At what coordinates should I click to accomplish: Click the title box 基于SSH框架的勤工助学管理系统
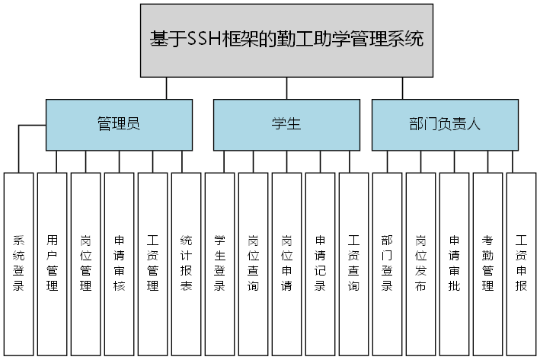(x=286, y=40)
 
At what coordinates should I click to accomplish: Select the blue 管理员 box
(x=119, y=125)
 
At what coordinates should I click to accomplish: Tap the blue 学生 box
(x=286, y=125)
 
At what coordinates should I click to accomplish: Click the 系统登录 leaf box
(x=19, y=263)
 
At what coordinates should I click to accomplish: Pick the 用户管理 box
(x=53, y=263)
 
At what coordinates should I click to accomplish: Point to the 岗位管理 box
(x=86, y=263)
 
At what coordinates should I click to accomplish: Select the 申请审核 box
(x=120, y=263)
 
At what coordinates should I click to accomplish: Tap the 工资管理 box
(x=153, y=263)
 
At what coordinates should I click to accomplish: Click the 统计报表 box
(x=187, y=263)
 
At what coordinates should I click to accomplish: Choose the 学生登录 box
(x=220, y=263)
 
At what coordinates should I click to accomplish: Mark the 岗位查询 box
(x=254, y=263)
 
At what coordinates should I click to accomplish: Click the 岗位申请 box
(x=287, y=263)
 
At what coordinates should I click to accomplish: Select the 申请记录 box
(x=321, y=263)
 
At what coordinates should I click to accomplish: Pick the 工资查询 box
(x=354, y=263)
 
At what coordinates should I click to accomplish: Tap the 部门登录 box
(x=388, y=263)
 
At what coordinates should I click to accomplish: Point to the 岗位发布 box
(x=421, y=263)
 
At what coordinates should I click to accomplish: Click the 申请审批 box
(x=455, y=263)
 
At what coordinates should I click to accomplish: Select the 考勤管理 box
(x=488, y=263)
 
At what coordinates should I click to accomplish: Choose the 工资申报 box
(x=522, y=263)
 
